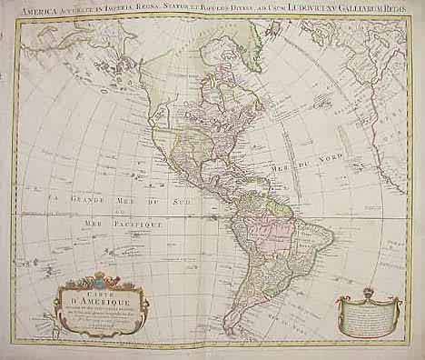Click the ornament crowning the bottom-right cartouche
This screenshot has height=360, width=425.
(x=368, y=292)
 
